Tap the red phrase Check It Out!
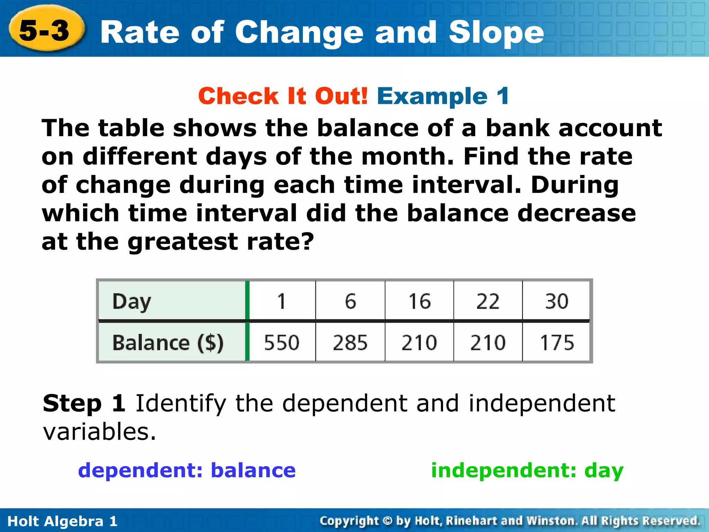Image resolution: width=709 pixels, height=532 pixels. point(283,96)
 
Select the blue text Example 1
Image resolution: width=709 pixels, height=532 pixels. point(443,96)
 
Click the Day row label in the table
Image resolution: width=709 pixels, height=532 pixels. point(132,301)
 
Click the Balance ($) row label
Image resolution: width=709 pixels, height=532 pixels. point(168,343)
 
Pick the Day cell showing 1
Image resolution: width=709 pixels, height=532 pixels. point(281,301)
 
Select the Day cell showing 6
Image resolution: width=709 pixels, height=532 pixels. point(350,301)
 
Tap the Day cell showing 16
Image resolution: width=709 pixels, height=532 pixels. point(419,301)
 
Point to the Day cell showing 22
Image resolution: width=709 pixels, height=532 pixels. point(488,301)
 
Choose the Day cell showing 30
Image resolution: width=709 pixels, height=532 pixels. point(556,301)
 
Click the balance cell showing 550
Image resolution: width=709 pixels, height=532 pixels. point(281,343)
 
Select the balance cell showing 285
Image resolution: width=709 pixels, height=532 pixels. point(350,343)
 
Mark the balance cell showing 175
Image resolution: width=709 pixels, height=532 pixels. point(557,343)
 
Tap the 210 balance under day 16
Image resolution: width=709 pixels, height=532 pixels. point(419,343)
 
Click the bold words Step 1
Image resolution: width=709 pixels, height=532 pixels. point(84,404)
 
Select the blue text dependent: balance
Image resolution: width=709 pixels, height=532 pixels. point(187,470)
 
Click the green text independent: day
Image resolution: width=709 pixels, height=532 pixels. point(527,470)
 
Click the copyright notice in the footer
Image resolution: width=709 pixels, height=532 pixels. point(510,521)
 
